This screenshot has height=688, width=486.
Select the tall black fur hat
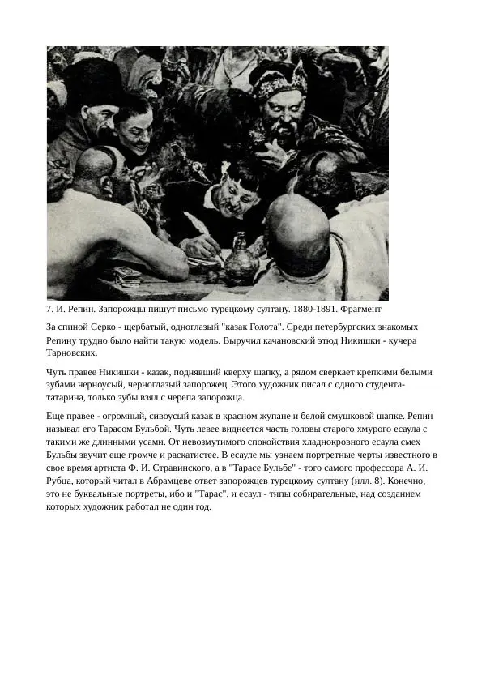[91, 81]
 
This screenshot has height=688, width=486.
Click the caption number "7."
[50, 310]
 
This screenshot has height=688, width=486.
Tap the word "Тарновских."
[72, 353]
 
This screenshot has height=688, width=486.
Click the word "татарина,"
[72, 398]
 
